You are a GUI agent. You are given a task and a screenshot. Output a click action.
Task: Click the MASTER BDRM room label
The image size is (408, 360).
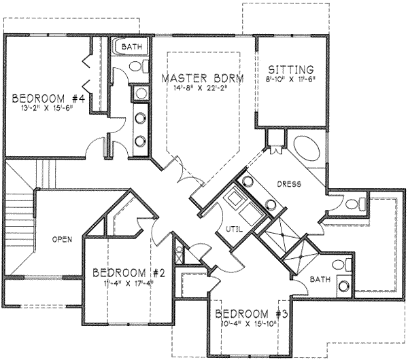[202, 77]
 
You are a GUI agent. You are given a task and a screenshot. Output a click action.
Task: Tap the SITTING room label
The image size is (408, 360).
[290, 69]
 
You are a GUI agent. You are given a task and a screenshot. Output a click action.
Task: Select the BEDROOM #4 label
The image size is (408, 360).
[48, 99]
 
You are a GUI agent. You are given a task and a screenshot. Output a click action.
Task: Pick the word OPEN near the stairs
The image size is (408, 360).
[62, 240]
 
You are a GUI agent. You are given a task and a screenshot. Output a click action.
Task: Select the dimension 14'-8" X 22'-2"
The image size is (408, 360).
[202, 88]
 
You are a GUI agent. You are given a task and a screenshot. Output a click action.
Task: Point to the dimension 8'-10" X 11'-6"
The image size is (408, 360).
[290, 79]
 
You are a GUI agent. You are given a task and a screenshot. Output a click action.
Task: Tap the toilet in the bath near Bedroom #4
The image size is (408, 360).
[135, 67]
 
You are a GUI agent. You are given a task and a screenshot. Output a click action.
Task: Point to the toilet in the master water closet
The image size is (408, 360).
[360, 202]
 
